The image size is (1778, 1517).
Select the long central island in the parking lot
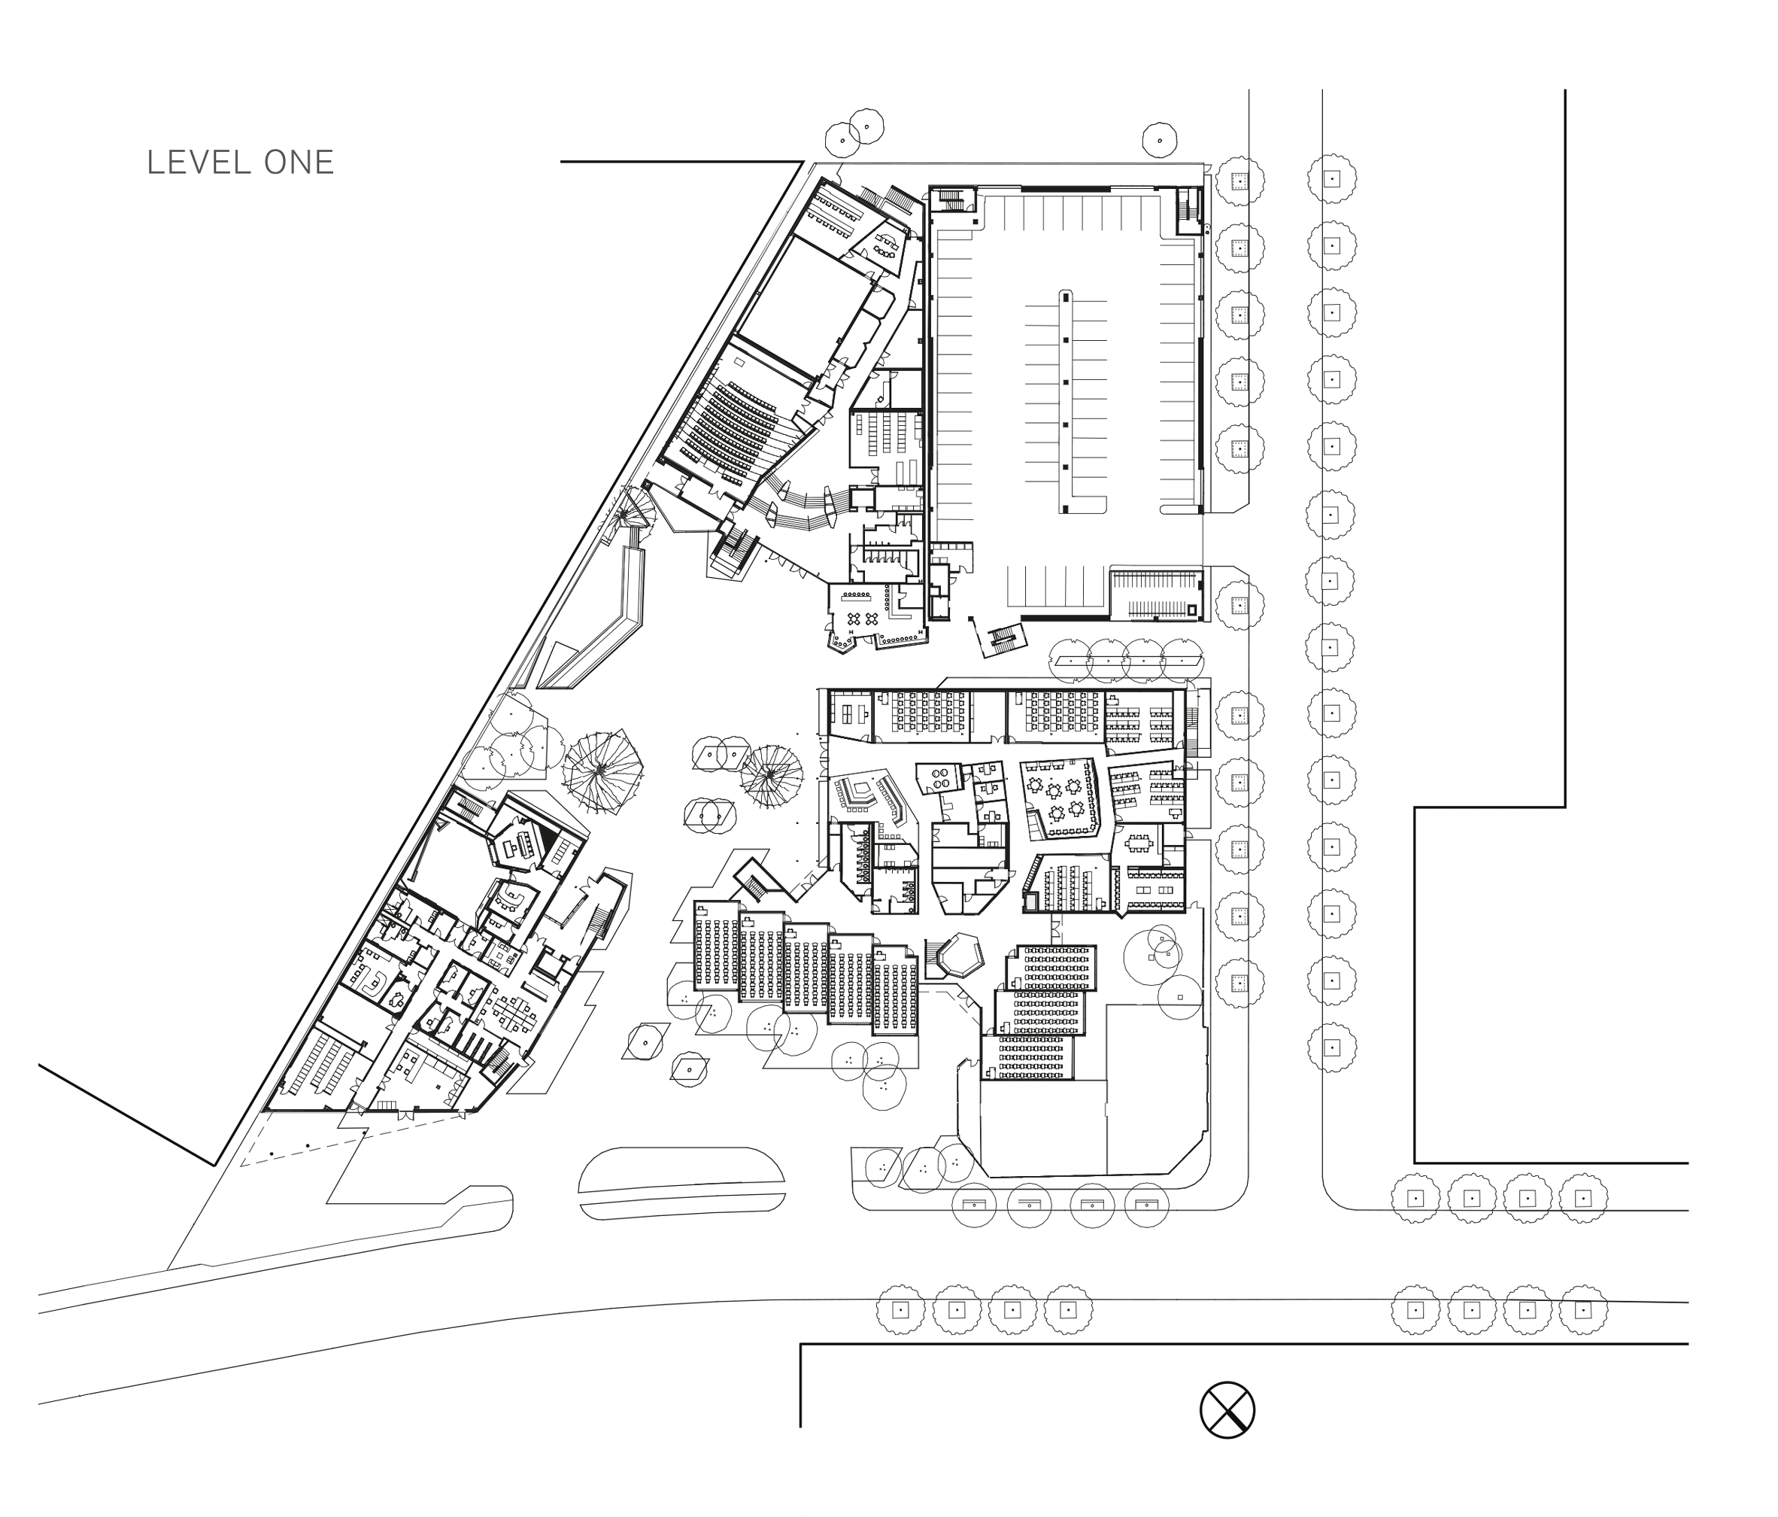point(1066,402)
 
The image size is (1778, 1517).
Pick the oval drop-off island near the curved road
point(682,1183)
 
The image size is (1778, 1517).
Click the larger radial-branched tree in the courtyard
point(602,769)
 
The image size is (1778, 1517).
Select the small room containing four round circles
point(940,779)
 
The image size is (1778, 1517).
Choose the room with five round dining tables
point(1061,797)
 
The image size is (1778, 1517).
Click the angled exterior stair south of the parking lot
point(1001,638)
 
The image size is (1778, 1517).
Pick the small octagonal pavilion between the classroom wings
point(958,956)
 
